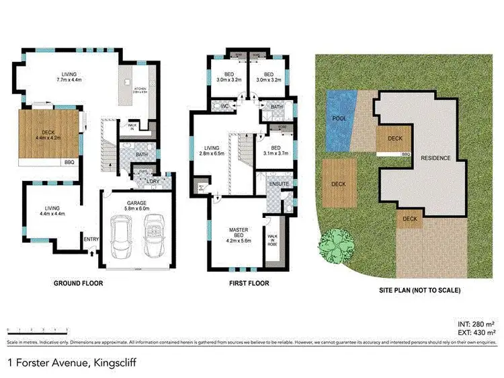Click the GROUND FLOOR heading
pos(79,283)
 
